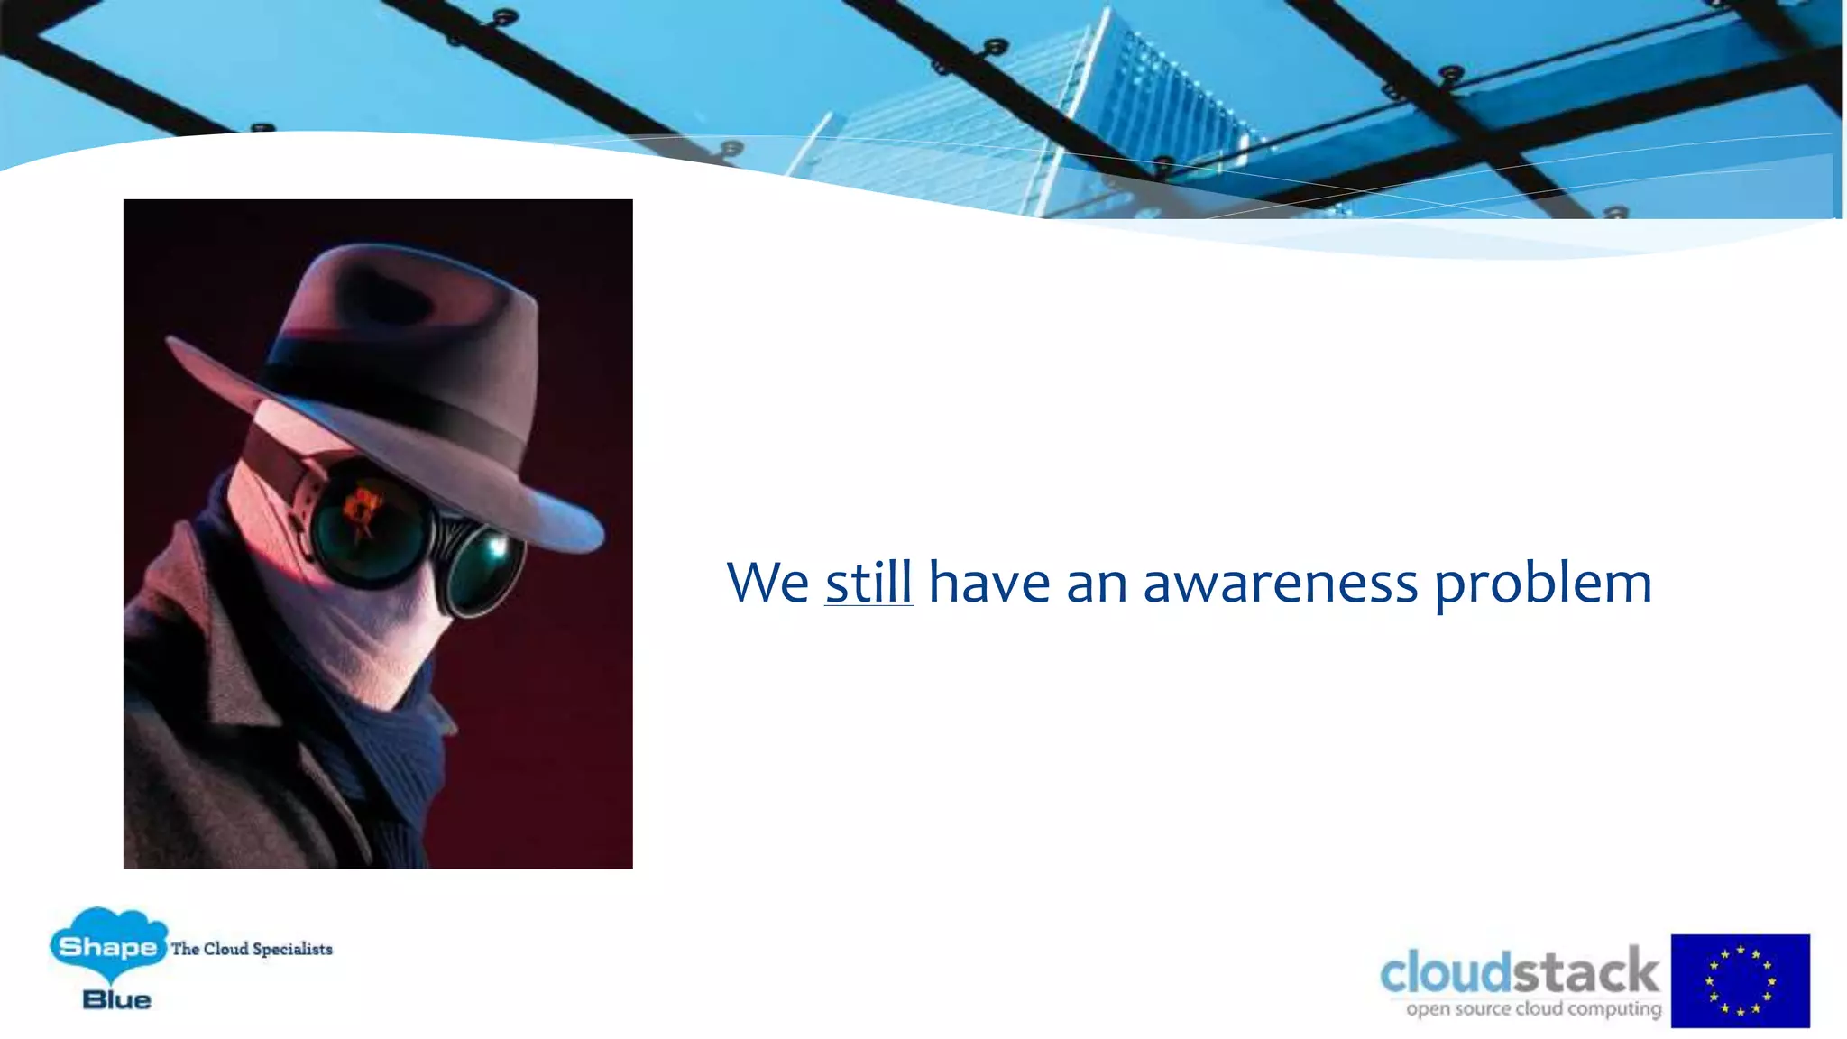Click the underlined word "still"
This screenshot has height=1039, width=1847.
click(868, 583)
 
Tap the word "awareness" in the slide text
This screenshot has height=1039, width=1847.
click(1281, 583)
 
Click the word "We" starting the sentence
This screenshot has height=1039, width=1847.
click(767, 583)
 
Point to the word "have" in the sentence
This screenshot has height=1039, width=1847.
click(988, 583)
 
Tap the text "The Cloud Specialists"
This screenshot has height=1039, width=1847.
click(252, 949)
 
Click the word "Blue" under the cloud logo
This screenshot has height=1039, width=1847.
click(116, 999)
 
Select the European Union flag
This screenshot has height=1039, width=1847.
click(1740, 980)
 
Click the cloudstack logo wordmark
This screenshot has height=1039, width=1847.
click(1519, 972)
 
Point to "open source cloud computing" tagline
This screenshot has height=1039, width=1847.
click(1533, 1008)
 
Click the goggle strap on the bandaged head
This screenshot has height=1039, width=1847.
click(280, 455)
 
